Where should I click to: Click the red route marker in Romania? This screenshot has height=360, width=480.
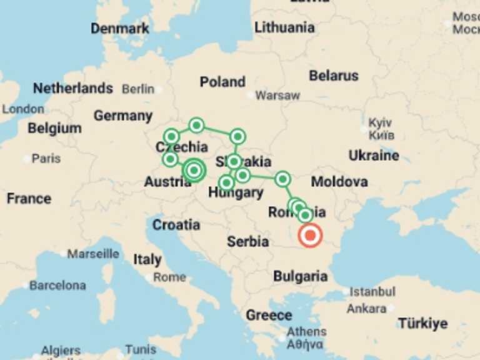(309, 236)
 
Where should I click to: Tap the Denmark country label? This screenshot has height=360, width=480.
(120, 28)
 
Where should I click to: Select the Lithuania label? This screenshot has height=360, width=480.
(284, 27)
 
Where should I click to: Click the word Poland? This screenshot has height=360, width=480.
(222, 82)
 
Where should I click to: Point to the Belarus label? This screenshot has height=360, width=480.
(334, 76)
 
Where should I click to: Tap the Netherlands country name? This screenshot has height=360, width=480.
(73, 88)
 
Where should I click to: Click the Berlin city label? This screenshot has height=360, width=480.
(138, 89)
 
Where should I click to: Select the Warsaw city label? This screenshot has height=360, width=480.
(277, 96)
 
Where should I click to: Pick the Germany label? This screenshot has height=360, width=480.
(123, 116)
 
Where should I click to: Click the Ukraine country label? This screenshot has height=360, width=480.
(374, 155)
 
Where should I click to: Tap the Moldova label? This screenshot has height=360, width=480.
(339, 182)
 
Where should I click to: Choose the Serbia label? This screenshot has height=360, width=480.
(247, 241)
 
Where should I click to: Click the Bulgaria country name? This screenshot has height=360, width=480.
(300, 276)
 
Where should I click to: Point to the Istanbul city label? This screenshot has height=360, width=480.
(372, 291)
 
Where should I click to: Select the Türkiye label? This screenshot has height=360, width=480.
(423, 323)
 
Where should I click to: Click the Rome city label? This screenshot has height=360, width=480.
(169, 277)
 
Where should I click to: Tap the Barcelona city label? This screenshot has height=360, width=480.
(58, 285)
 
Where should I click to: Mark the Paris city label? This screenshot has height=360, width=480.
(46, 158)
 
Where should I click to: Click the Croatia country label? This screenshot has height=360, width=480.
(176, 224)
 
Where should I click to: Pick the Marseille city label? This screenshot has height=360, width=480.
(93, 254)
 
